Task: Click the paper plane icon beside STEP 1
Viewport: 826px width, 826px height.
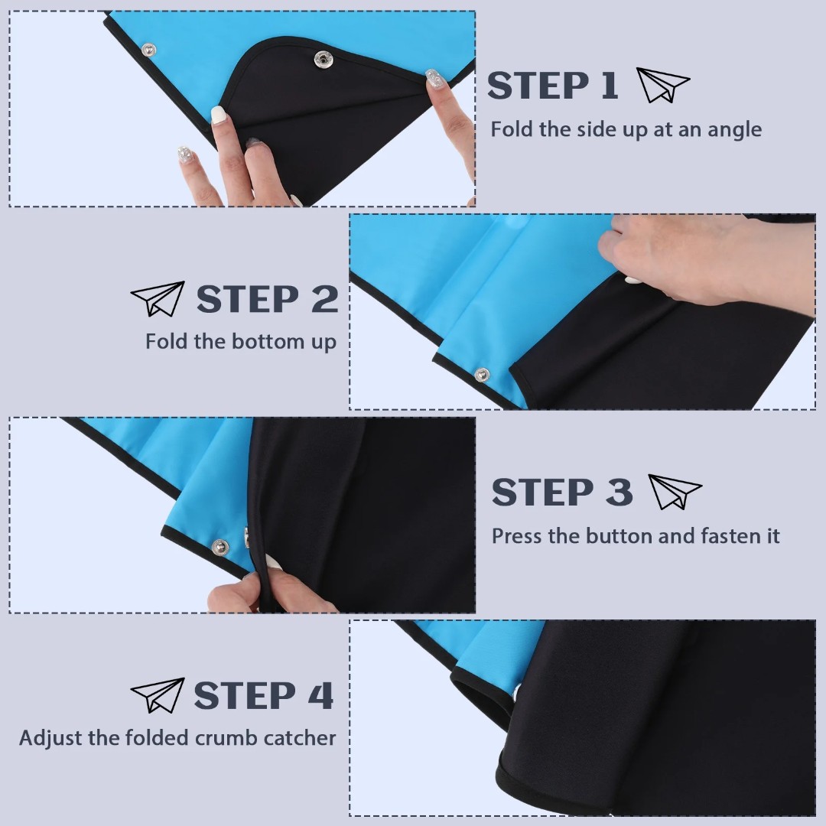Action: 662,84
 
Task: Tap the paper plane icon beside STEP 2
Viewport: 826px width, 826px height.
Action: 158,298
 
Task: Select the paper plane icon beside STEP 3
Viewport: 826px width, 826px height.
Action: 675,491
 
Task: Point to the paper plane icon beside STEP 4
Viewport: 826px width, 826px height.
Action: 158,694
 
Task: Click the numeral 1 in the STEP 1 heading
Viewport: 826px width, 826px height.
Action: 609,86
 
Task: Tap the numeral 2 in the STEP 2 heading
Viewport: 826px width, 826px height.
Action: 324,299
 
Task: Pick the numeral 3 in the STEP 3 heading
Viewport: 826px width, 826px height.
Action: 619,492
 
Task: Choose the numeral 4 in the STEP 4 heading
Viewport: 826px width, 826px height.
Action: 320,695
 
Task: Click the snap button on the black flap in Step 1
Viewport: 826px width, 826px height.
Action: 323,60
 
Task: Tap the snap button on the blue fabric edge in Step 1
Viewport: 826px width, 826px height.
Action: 148,50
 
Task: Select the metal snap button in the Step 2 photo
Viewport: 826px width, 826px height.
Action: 482,375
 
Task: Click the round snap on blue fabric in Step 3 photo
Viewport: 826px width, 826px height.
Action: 220,548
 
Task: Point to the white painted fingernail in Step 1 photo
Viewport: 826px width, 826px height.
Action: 218,115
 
